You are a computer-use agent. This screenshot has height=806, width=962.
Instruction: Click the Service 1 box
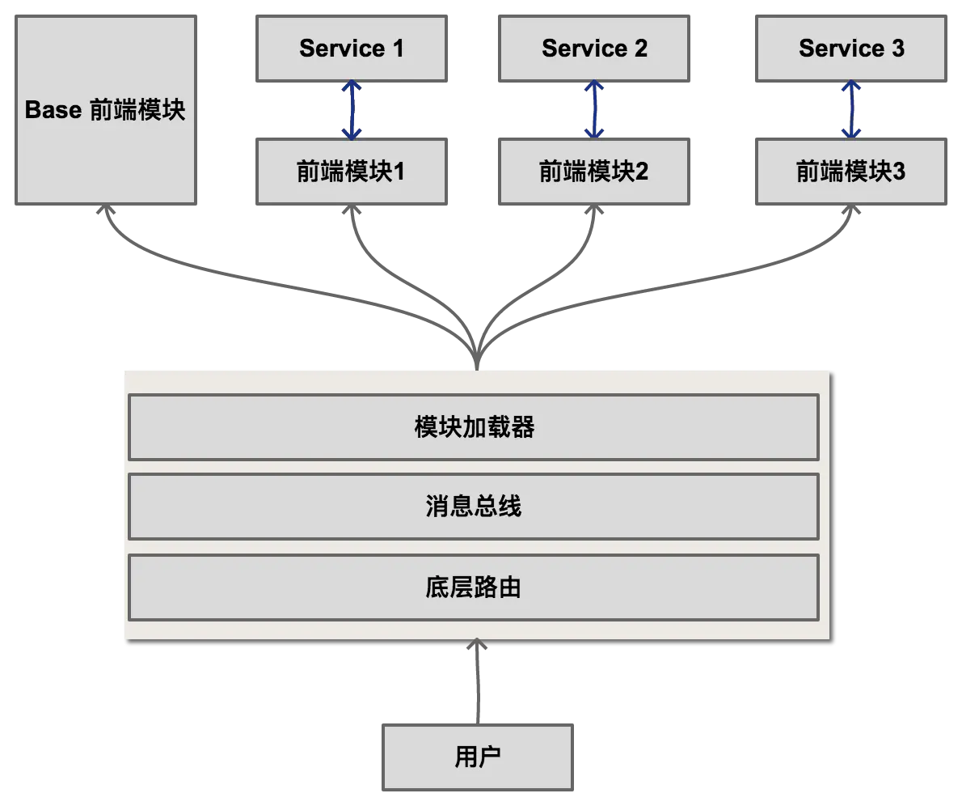(351, 49)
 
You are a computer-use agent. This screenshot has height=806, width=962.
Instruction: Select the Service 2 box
(594, 49)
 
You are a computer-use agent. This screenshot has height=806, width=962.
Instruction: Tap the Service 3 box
(850, 49)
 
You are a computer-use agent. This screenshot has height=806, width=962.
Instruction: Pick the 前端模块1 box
(351, 172)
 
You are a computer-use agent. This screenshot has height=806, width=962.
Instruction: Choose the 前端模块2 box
(594, 172)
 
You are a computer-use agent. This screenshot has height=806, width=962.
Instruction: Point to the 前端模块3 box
(850, 172)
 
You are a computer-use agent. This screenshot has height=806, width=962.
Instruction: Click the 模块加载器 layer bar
(474, 427)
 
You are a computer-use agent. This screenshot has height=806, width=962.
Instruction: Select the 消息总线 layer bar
(474, 507)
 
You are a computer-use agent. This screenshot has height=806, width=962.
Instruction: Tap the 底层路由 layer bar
(474, 588)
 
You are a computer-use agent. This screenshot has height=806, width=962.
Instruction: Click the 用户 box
(478, 757)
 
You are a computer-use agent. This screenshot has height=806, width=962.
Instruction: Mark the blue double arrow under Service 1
(351, 109)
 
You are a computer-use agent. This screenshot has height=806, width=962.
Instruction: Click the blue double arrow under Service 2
(594, 109)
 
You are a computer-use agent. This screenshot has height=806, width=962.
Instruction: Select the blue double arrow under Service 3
(850, 109)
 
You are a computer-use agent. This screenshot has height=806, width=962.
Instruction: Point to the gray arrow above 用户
(478, 680)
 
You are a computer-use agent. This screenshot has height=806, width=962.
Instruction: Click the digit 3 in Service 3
(897, 49)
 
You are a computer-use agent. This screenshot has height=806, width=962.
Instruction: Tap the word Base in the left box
(53, 110)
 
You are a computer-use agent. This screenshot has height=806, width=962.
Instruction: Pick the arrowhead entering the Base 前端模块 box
(103, 213)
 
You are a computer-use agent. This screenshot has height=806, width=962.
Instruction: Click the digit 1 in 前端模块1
(398, 172)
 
